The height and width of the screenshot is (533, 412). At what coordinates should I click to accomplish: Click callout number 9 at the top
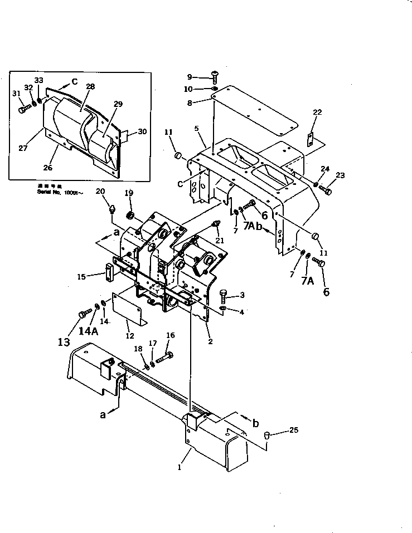189,77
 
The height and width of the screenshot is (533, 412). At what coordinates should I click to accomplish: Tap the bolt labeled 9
215,77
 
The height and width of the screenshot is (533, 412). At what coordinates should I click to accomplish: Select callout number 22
317,113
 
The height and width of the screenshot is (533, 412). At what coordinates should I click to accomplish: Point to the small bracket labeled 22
311,140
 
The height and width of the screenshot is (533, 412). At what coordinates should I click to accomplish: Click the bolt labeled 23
327,191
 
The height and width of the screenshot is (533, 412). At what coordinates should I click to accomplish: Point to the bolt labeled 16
166,355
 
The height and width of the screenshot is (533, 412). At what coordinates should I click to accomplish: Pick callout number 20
100,192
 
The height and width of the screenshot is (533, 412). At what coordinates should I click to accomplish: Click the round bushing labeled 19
130,215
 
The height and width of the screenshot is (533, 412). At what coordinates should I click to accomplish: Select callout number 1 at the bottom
180,467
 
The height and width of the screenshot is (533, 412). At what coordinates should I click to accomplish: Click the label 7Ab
251,224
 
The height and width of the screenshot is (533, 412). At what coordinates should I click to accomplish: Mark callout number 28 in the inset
90,86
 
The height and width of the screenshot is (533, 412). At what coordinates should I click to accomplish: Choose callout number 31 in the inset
15,93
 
